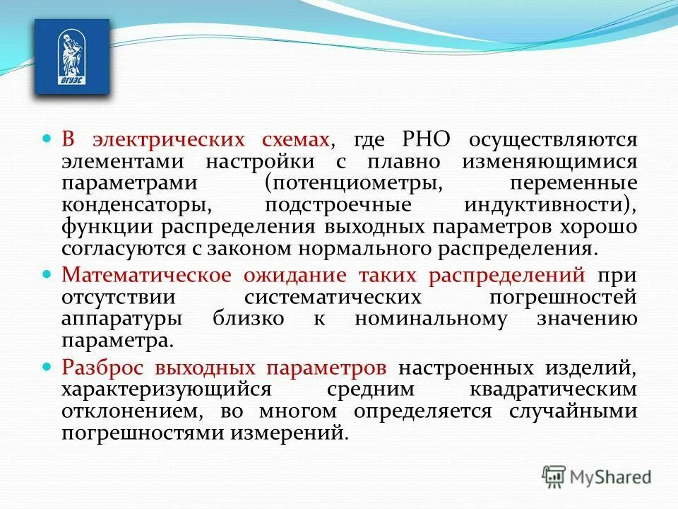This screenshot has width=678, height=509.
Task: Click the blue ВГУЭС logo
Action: tap(72, 57)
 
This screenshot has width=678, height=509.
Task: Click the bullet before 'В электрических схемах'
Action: tap(48, 138)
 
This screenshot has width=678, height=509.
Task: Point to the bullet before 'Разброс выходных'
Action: tap(48, 366)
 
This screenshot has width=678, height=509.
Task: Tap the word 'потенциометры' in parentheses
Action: tap(357, 182)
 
